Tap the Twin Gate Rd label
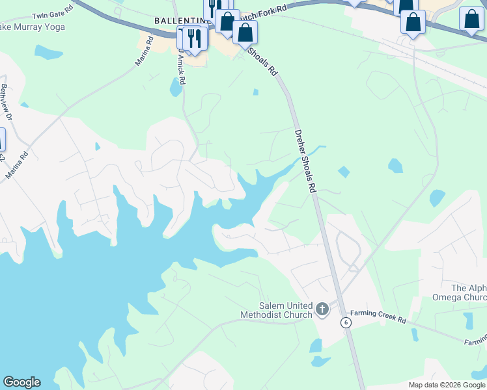click(x=51, y=15)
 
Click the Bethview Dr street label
click(x=7, y=103)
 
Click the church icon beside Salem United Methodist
click(x=322, y=309)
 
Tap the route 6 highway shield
click(x=345, y=322)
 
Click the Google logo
click(x=21, y=382)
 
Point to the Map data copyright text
click(x=447, y=385)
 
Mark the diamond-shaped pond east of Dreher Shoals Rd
click(x=344, y=172)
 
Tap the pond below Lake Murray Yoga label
click(x=49, y=52)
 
